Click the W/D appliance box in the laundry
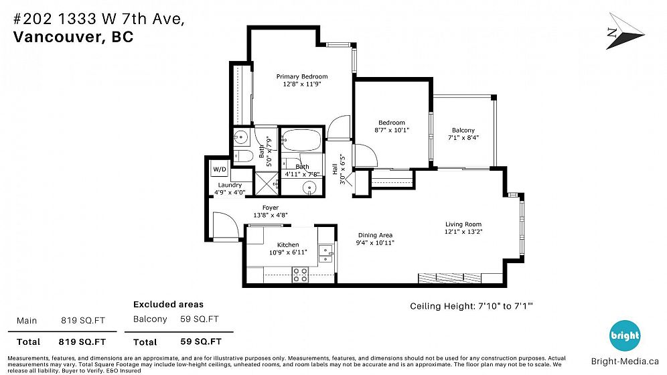[x=220, y=169]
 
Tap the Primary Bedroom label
[x=302, y=76]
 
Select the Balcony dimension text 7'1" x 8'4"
[x=463, y=137]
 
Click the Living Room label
[x=463, y=224]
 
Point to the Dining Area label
[x=375, y=235]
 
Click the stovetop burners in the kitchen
[x=300, y=275]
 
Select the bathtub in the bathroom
[x=301, y=140]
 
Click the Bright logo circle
[x=624, y=335]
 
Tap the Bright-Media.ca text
[x=624, y=362]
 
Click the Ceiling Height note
[x=471, y=306]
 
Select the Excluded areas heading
[x=169, y=305]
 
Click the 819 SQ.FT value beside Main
[x=83, y=321]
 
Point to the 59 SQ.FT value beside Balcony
[x=200, y=319]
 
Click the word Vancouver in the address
[x=56, y=37]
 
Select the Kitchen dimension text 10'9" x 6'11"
[x=288, y=252]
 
